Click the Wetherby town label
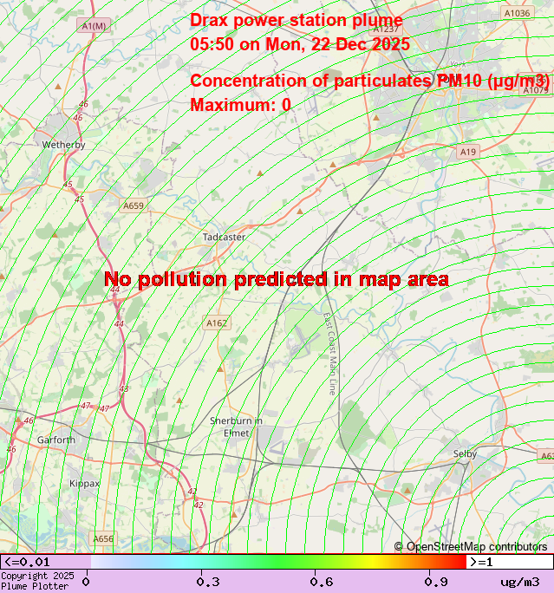[x=63, y=145]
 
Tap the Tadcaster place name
[x=224, y=237]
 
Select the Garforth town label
[x=56, y=440]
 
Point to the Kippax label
[x=85, y=483]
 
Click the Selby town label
[x=465, y=453]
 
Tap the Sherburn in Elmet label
[x=236, y=427]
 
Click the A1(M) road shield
[x=94, y=26]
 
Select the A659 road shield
[x=133, y=205]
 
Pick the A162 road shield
[x=217, y=323]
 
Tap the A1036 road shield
[x=517, y=13]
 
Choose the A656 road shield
[x=103, y=538]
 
